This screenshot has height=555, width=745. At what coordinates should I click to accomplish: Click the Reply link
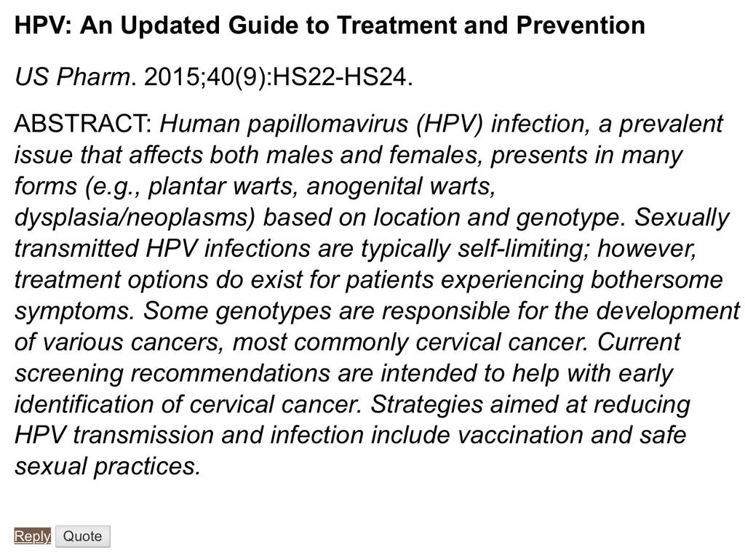point(32,536)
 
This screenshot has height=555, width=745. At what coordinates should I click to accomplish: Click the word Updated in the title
point(170,25)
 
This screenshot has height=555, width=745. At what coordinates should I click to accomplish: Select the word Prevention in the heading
point(581,25)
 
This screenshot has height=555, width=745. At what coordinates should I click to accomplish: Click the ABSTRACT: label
point(83,124)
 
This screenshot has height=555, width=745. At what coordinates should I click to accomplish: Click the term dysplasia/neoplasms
point(135,217)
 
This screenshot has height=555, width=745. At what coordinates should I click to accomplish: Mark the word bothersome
point(657,280)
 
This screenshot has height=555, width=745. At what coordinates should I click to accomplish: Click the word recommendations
point(230,373)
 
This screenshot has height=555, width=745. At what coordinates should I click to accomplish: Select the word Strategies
point(426,405)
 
